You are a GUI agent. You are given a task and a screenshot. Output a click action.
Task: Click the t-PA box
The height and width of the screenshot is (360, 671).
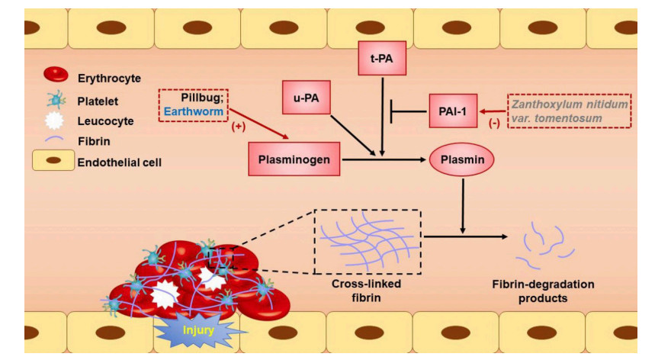382,58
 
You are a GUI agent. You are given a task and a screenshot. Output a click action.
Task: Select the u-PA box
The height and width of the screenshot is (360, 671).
306,98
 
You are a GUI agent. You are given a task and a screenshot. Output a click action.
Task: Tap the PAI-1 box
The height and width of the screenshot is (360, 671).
453,111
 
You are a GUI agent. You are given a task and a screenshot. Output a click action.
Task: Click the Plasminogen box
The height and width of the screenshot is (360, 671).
294,159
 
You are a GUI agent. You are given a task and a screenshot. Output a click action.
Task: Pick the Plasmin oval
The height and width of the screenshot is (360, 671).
462,159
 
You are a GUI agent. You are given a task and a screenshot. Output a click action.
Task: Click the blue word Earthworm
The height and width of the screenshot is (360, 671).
194,111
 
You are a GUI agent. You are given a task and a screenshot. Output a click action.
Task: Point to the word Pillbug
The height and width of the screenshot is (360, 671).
201,98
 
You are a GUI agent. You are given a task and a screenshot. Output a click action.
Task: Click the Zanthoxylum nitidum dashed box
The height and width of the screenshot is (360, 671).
569,111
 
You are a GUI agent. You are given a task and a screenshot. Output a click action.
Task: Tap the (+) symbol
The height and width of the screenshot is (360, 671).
239,127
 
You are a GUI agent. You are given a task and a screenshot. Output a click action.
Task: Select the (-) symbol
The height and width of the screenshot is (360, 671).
494,124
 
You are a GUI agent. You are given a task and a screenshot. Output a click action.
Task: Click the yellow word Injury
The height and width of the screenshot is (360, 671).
198,330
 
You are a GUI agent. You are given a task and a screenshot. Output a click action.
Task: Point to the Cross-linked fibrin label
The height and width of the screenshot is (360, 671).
366,291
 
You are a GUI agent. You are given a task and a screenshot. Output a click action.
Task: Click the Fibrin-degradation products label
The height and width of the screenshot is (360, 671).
543,291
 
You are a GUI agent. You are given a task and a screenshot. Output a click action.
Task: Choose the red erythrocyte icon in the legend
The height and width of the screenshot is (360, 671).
56,75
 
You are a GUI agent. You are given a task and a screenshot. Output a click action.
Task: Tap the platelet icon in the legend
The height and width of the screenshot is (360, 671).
56,100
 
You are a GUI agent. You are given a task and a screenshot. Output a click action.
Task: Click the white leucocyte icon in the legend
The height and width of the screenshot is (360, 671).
54,121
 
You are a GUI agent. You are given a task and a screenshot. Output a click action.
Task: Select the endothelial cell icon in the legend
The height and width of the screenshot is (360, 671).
53,160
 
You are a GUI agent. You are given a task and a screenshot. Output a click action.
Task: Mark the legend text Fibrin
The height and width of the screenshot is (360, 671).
94,141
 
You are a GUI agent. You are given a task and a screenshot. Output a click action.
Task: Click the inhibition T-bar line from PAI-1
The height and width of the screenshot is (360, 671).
409,111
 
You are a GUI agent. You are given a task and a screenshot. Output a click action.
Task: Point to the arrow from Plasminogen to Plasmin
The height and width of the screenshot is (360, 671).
384,159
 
